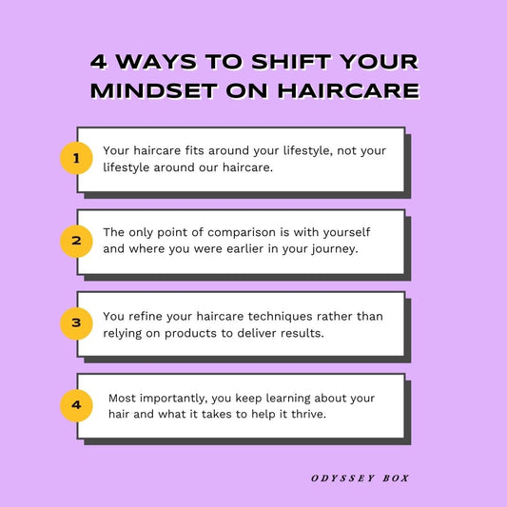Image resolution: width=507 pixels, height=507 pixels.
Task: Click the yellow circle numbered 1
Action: pyautogui.click(x=76, y=158)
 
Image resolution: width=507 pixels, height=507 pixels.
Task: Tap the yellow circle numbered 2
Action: pyautogui.click(x=76, y=242)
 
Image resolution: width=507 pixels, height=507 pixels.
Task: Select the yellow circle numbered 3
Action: pyautogui.click(x=76, y=323)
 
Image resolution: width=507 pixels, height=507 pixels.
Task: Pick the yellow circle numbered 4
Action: pyautogui.click(x=76, y=405)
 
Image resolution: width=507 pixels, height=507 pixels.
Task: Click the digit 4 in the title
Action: pyautogui.click(x=99, y=62)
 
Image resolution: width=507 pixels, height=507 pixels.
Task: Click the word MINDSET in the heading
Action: pyautogui.click(x=154, y=91)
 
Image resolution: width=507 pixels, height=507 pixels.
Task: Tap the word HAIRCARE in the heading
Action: pyautogui.click(x=348, y=91)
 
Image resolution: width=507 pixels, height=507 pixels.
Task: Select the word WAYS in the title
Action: pyautogui.click(x=157, y=62)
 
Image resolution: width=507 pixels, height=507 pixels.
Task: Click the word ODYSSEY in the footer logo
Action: pyautogui.click(x=342, y=478)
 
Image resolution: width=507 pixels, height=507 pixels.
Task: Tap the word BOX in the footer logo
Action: pyautogui.click(x=396, y=478)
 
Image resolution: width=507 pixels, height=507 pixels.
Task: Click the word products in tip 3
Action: pyautogui.click(x=191, y=334)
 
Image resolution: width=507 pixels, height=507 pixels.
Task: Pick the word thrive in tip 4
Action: pyautogui.click(x=309, y=414)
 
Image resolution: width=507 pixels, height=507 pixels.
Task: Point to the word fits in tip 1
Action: pyautogui.click(x=195, y=150)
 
